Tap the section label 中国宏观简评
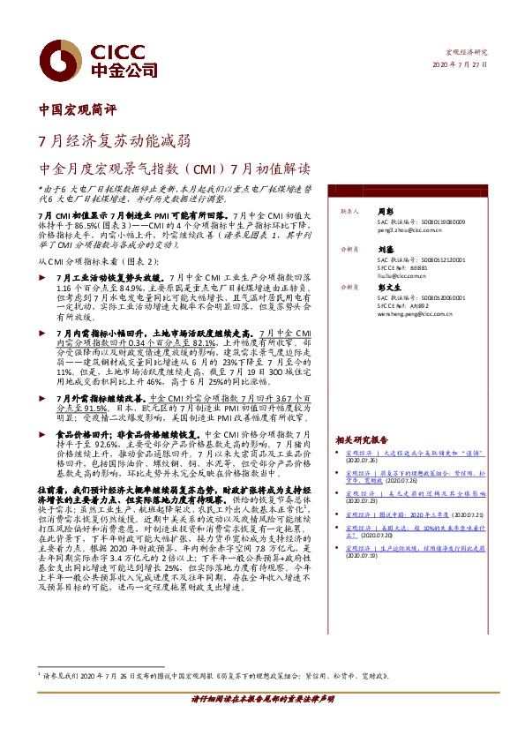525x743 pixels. pos(78,111)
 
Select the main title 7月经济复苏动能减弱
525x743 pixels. pos(114,141)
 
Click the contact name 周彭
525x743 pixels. pos(384,212)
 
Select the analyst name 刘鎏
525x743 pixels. pos(384,250)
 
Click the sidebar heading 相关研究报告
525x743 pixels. pos(362,439)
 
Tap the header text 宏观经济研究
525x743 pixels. pos(469,53)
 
